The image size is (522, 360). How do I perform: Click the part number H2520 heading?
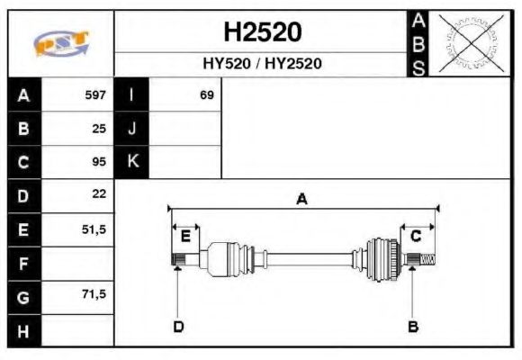point(262,32)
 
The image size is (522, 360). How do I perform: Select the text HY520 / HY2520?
point(262,64)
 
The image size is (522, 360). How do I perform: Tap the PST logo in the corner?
point(61,43)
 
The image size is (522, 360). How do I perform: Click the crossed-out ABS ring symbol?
point(468,43)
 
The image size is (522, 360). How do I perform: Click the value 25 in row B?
point(99,129)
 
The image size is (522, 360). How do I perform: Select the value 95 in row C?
point(99,162)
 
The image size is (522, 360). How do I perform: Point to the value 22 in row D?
point(99,194)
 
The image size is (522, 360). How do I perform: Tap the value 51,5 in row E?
point(94,229)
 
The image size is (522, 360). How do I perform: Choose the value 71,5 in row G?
point(94,295)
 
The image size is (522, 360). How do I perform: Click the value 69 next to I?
point(207,95)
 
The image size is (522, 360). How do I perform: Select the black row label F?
point(23,264)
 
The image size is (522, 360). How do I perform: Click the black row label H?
point(23,330)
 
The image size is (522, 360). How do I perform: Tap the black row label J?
point(132,129)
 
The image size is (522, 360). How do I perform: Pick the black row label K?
point(132,162)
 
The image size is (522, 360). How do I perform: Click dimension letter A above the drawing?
point(302,200)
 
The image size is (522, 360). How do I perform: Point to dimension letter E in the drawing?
point(185,237)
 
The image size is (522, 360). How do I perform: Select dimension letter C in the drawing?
point(417,237)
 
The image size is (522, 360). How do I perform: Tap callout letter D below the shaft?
point(178,326)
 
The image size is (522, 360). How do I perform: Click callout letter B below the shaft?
point(412,326)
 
